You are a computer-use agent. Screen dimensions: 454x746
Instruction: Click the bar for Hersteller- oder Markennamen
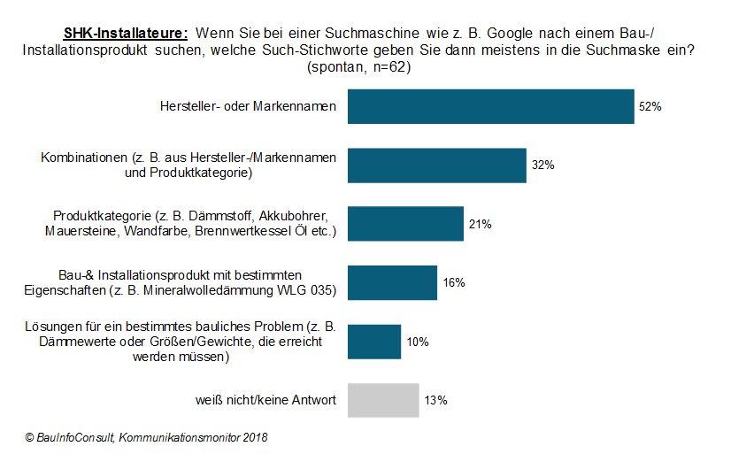pos(490,106)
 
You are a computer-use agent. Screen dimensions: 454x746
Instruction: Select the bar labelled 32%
pos(437,165)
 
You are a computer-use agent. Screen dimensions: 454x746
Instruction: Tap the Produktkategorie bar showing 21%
pos(405,224)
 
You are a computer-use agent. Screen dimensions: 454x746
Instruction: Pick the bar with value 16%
pos(392,282)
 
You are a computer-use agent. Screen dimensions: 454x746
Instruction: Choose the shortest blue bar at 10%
pos(374,342)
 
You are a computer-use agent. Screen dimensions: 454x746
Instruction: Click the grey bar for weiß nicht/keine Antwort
pos(383,400)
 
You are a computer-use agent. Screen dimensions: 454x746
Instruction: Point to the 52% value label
pos(650,106)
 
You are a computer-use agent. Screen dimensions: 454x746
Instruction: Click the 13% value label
pos(435,400)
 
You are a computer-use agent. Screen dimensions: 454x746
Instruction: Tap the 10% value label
pos(418,342)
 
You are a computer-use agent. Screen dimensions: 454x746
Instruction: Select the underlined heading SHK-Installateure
pos(126,33)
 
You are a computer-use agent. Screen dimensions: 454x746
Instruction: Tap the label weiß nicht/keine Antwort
pos(265,401)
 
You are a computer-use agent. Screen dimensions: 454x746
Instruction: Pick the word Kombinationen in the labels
pos(85,158)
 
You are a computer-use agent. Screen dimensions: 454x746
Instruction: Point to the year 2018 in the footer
pos(254,437)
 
